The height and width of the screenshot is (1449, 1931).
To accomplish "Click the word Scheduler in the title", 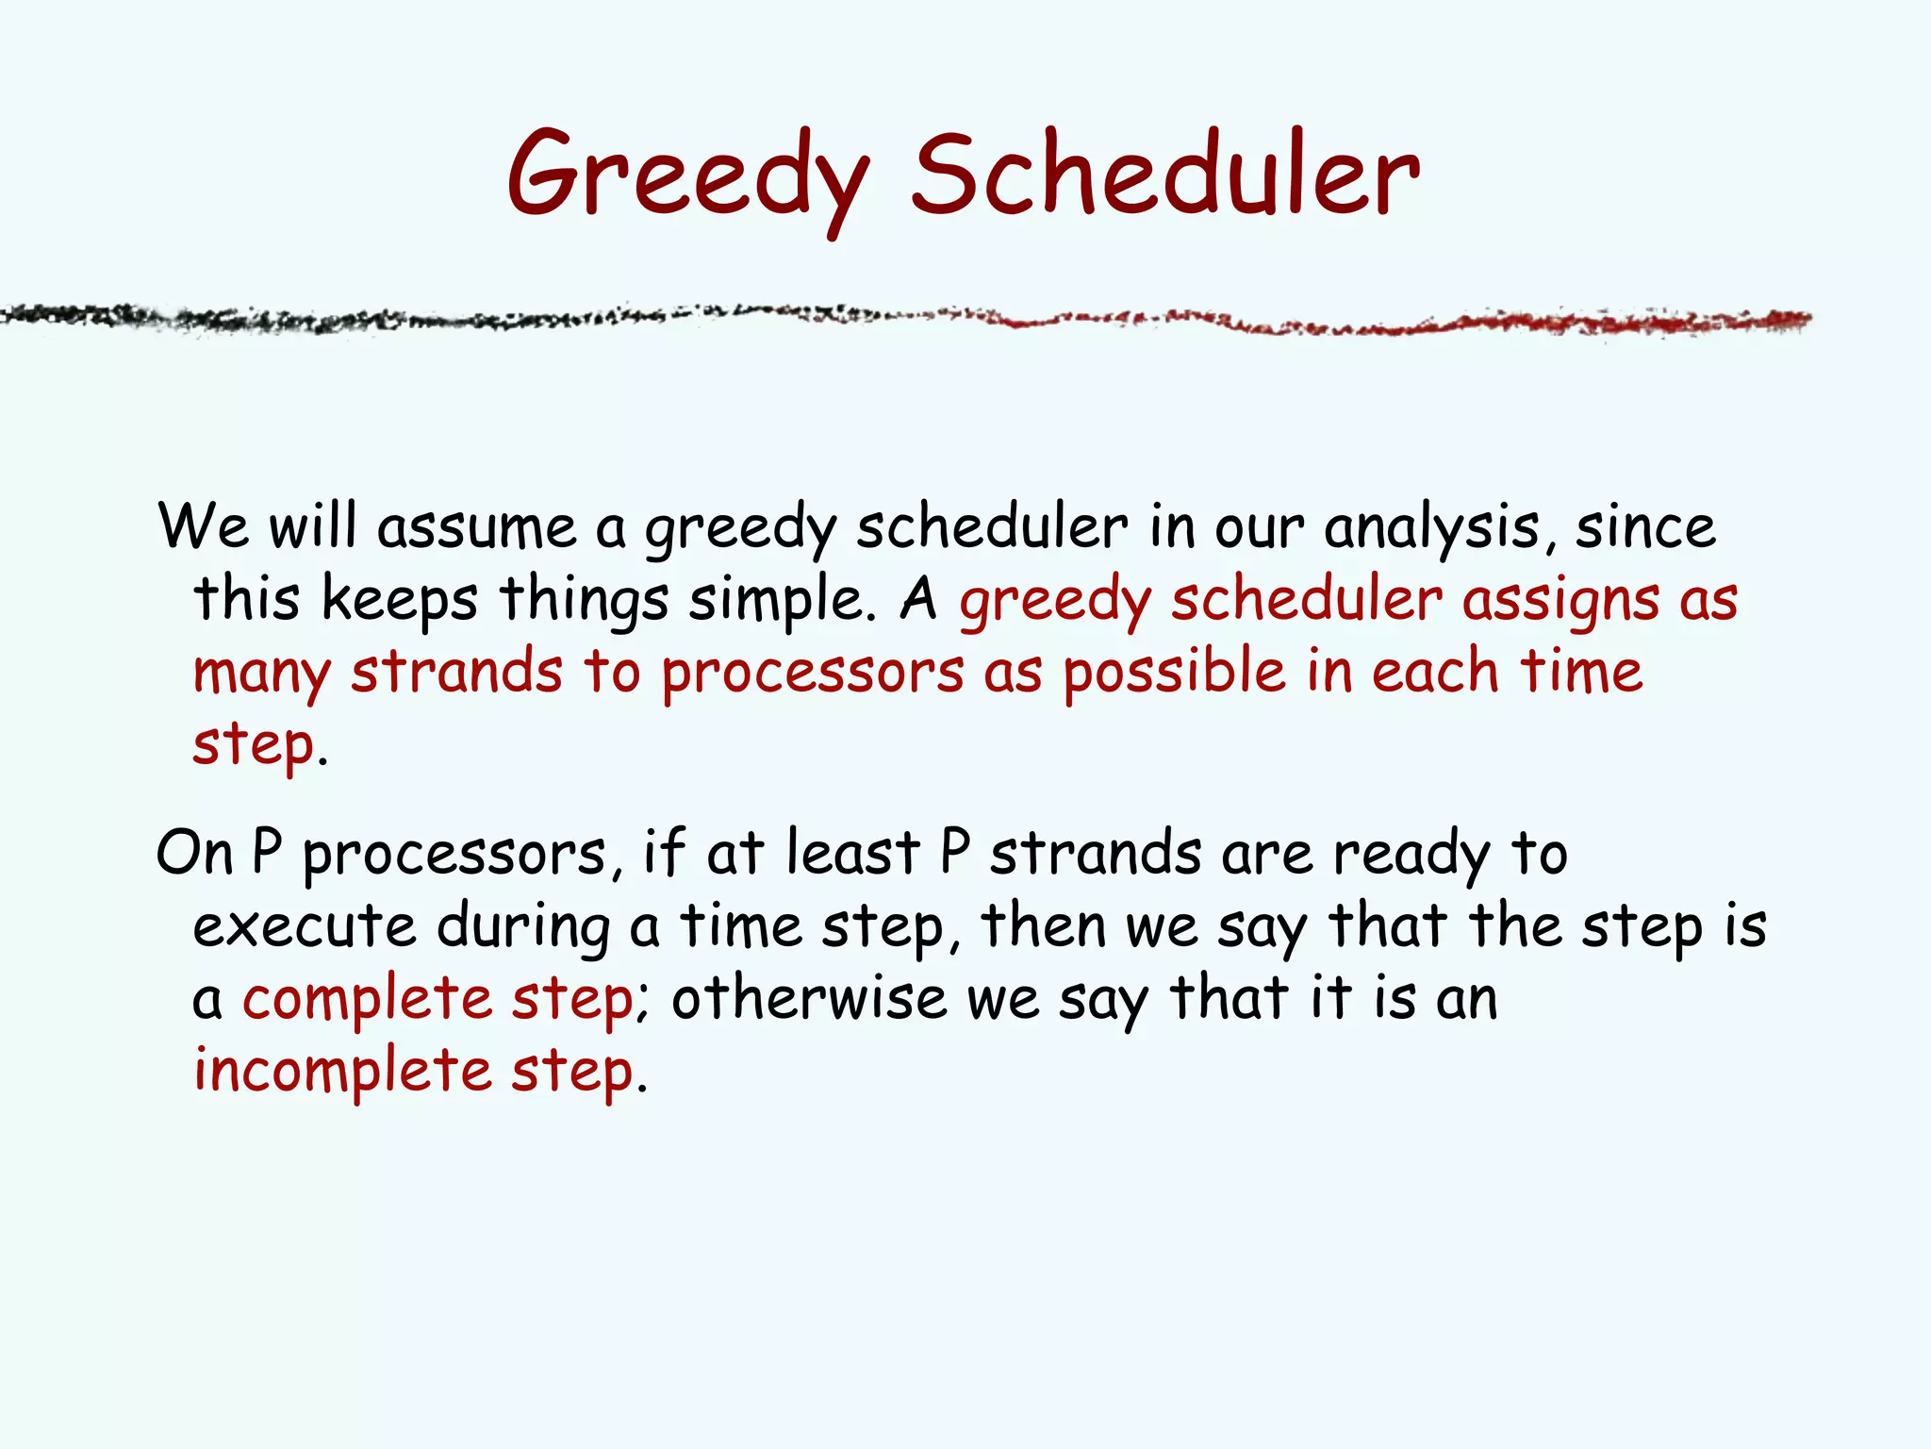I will (x=1164, y=175).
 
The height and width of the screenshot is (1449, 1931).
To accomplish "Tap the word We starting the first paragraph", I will (x=204, y=526).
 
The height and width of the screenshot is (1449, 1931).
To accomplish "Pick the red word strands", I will (x=456, y=673).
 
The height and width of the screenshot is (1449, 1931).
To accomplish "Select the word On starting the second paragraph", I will (x=194, y=853).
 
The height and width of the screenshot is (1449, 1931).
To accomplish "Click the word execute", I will (x=304, y=926).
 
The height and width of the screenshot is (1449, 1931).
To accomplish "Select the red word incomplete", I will (x=342, y=1073).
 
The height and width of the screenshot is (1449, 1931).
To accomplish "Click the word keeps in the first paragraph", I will (x=399, y=601).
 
